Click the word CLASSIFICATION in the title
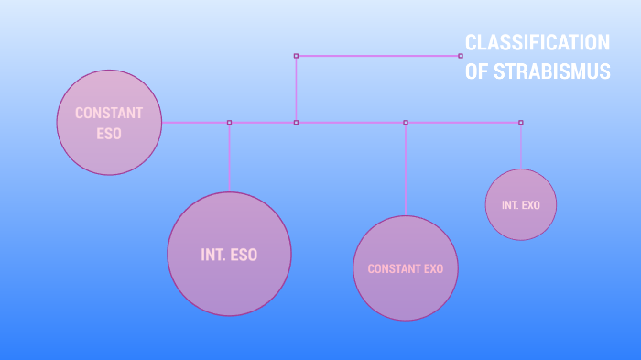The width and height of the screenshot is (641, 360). pyautogui.click(x=537, y=42)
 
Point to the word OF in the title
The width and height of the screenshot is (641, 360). pyautogui.click(x=477, y=72)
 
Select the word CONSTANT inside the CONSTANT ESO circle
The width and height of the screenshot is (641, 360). pyautogui.click(x=109, y=113)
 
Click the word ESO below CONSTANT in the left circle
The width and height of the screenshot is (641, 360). pyautogui.click(x=109, y=133)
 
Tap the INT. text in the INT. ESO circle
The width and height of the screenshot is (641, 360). pyautogui.click(x=213, y=255)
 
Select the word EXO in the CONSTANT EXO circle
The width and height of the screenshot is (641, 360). pyautogui.click(x=433, y=269)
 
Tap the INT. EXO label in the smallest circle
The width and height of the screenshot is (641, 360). pyautogui.click(x=521, y=205)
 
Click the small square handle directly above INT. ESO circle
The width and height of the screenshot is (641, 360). pyautogui.click(x=229, y=122)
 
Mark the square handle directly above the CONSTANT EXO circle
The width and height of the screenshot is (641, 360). pyautogui.click(x=406, y=122)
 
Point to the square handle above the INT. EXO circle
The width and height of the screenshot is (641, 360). pyautogui.click(x=521, y=122)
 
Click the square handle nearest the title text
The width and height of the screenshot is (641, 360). pyautogui.click(x=461, y=56)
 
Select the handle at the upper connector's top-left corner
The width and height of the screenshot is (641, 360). pyautogui.click(x=296, y=56)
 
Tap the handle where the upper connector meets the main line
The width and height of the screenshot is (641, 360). pyautogui.click(x=296, y=122)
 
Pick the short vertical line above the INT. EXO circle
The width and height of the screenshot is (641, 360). pyautogui.click(x=521, y=147)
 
